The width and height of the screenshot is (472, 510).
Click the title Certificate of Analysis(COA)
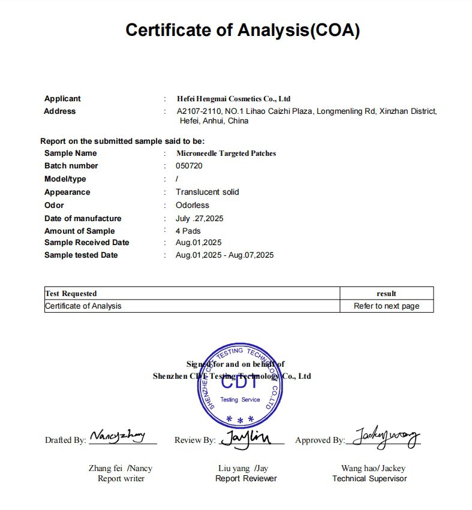tap(242, 30)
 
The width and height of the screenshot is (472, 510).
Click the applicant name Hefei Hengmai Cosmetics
tap(233, 99)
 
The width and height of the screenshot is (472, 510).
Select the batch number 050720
tap(189, 166)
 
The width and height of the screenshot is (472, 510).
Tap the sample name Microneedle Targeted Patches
tap(226, 153)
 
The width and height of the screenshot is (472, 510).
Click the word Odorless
tap(191, 206)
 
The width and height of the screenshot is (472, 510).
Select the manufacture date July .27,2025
tap(199, 219)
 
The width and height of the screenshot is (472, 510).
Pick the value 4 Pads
tap(188, 231)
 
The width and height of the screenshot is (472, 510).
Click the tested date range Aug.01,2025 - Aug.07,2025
tap(224, 255)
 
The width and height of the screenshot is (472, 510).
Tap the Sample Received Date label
tap(86, 243)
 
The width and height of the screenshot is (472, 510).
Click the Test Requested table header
tap(71, 294)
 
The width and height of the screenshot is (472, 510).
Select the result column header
tap(386, 294)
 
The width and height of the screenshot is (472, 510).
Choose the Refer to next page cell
tap(386, 306)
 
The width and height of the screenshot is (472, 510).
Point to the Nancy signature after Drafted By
tap(118, 437)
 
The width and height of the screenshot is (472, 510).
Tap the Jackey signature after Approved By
tap(386, 438)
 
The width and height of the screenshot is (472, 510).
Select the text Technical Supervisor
tap(369, 479)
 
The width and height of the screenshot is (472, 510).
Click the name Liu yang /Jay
tap(243, 469)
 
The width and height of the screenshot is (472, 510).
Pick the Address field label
tap(60, 111)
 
